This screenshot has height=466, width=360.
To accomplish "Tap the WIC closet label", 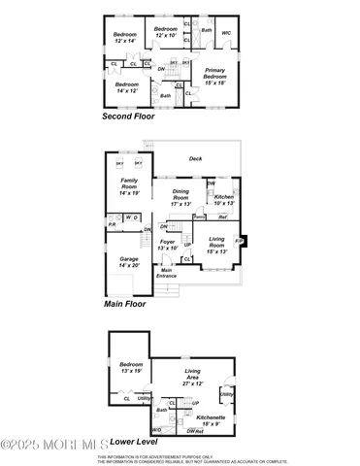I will click(226, 33).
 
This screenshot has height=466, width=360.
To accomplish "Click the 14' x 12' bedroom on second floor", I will click(127, 87).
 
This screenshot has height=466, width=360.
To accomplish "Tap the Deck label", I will click(195, 158).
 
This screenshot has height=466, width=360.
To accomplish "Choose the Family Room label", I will click(130, 187).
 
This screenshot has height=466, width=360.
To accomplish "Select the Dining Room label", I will click(181, 197).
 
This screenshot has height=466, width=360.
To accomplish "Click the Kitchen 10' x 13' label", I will click(224, 200).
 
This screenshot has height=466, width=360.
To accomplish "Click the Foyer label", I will click(168, 245).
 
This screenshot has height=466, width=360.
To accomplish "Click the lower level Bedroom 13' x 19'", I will click(130, 367).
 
